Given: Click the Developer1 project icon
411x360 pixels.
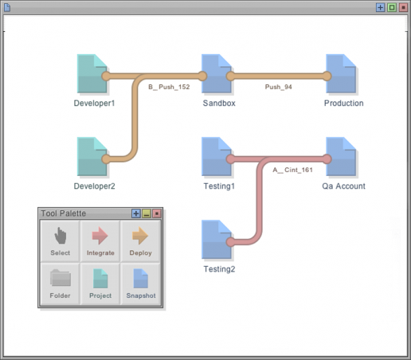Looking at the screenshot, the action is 92,73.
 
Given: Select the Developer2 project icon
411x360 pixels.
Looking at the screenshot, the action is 92,156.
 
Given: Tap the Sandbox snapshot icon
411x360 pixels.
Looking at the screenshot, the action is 217,73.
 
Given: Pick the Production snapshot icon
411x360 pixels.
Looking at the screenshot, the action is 341,73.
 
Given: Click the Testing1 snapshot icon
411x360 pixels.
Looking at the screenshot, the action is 217,156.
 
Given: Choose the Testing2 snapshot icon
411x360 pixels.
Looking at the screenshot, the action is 217,239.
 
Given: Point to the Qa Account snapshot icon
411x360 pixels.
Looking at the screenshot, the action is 341,156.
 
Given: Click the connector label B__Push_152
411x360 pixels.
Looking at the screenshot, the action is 169,87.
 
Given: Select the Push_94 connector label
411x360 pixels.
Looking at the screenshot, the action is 279,87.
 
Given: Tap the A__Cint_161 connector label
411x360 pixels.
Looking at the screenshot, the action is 292,170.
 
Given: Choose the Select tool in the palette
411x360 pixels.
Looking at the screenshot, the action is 61,241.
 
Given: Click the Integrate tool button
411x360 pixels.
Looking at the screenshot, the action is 100,241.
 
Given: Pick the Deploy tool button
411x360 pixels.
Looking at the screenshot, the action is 140,241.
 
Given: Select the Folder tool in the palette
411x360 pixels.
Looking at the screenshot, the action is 61,284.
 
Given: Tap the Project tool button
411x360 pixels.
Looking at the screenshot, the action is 100,284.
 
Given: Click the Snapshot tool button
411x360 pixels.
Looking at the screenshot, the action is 140,284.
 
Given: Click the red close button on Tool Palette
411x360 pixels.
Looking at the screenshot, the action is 157,213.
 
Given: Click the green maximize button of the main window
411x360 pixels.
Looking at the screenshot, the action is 392,7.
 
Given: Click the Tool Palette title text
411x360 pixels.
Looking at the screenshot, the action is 64,213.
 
